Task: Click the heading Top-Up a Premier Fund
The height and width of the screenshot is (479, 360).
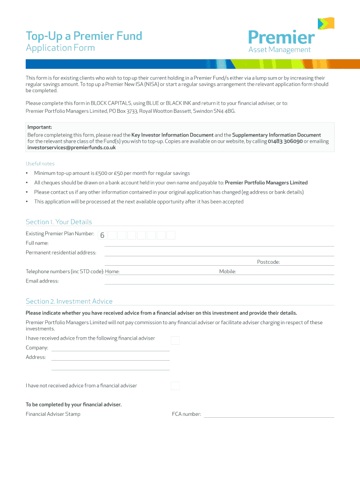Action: [x=84, y=36]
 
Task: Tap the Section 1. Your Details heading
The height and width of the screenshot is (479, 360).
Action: [x=59, y=222]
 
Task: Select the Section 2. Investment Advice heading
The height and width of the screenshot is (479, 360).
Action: [x=69, y=301]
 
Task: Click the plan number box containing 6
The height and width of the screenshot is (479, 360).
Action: [x=102, y=235]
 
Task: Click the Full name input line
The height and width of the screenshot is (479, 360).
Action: [x=219, y=244]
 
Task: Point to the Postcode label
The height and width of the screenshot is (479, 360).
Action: [x=268, y=262]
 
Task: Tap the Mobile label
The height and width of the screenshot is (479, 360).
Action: [x=228, y=271]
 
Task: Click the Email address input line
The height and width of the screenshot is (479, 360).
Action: [x=219, y=282]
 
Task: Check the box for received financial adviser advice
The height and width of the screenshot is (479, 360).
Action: [x=175, y=340]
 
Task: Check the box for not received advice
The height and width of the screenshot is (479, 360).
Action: [x=175, y=386]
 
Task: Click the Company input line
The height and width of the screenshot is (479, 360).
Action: [x=110, y=348]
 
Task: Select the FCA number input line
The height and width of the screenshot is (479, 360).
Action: [x=269, y=414]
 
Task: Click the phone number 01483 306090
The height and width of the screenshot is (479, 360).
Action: [x=285, y=141]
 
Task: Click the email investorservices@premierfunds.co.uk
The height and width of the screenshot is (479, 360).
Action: [x=72, y=147]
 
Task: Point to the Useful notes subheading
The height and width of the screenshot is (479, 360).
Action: [x=40, y=164]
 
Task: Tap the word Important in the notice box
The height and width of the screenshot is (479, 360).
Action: [x=40, y=127]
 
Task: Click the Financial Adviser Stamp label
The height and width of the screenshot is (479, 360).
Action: [x=53, y=414]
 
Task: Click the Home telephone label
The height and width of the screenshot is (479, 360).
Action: [x=112, y=271]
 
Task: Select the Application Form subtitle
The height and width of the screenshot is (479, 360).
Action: [x=60, y=48]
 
